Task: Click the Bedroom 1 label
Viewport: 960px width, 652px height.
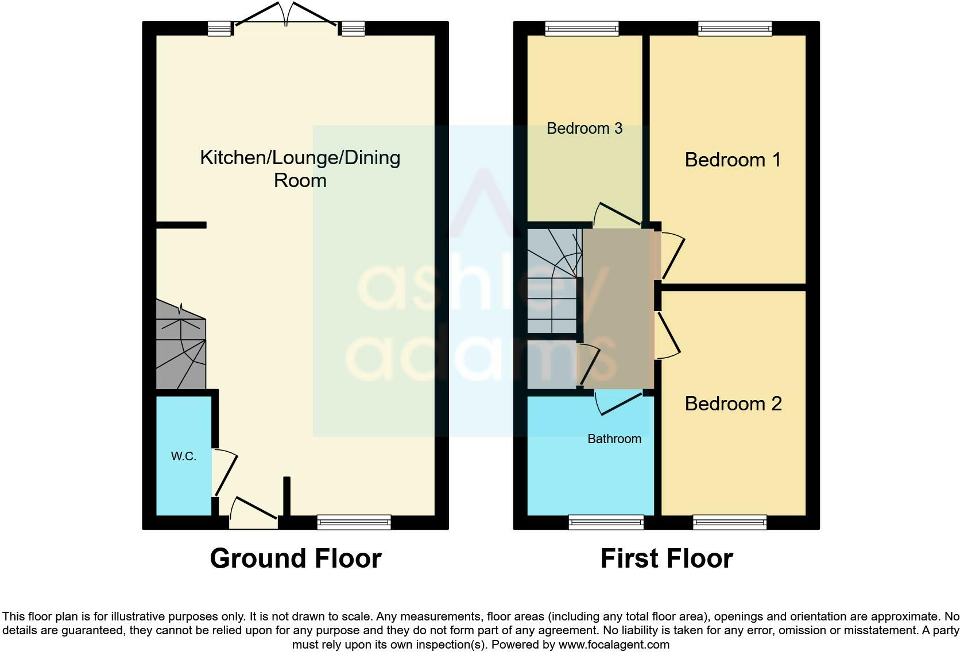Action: (x=733, y=160)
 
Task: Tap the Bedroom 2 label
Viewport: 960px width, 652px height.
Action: (x=733, y=403)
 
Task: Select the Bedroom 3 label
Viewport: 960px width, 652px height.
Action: (x=584, y=128)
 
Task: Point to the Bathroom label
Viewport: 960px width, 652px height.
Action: (x=614, y=438)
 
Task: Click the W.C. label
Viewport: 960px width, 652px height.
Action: (x=183, y=456)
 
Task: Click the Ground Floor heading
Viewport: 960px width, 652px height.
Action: (x=295, y=558)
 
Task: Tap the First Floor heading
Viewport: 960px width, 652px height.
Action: (x=666, y=558)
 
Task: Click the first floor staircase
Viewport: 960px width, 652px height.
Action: (x=552, y=281)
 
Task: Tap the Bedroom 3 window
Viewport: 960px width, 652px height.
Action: (x=582, y=28)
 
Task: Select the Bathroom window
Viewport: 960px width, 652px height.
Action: (x=606, y=522)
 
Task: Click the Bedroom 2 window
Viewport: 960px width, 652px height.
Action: (x=729, y=522)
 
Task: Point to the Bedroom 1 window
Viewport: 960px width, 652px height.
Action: (x=734, y=28)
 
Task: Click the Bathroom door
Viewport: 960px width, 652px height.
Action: (x=617, y=402)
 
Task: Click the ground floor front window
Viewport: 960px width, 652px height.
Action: (x=354, y=522)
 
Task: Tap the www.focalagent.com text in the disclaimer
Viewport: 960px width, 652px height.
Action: (x=613, y=645)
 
